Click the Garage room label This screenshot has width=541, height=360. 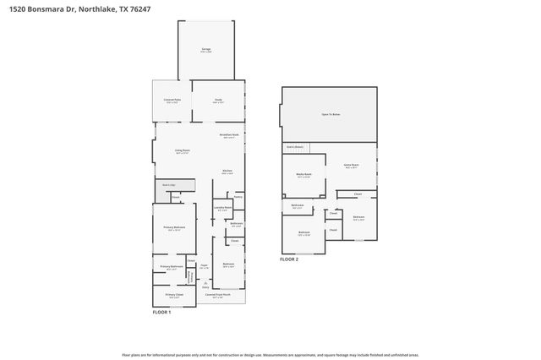point(205,50)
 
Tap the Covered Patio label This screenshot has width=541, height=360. point(172,101)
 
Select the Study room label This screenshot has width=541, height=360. point(217,100)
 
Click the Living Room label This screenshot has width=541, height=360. point(182,151)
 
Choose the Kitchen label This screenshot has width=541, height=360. point(227,172)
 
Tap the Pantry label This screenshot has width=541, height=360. point(238,196)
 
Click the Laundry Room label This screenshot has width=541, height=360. point(223,208)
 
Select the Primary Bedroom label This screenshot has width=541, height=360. point(175,227)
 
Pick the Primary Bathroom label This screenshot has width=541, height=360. point(172,267)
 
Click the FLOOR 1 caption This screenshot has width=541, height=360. point(161,313)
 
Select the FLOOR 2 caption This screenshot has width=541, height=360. point(289,259)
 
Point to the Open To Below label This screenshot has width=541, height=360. point(331,113)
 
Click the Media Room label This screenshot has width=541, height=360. point(303,175)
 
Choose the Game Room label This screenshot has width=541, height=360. point(352,166)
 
